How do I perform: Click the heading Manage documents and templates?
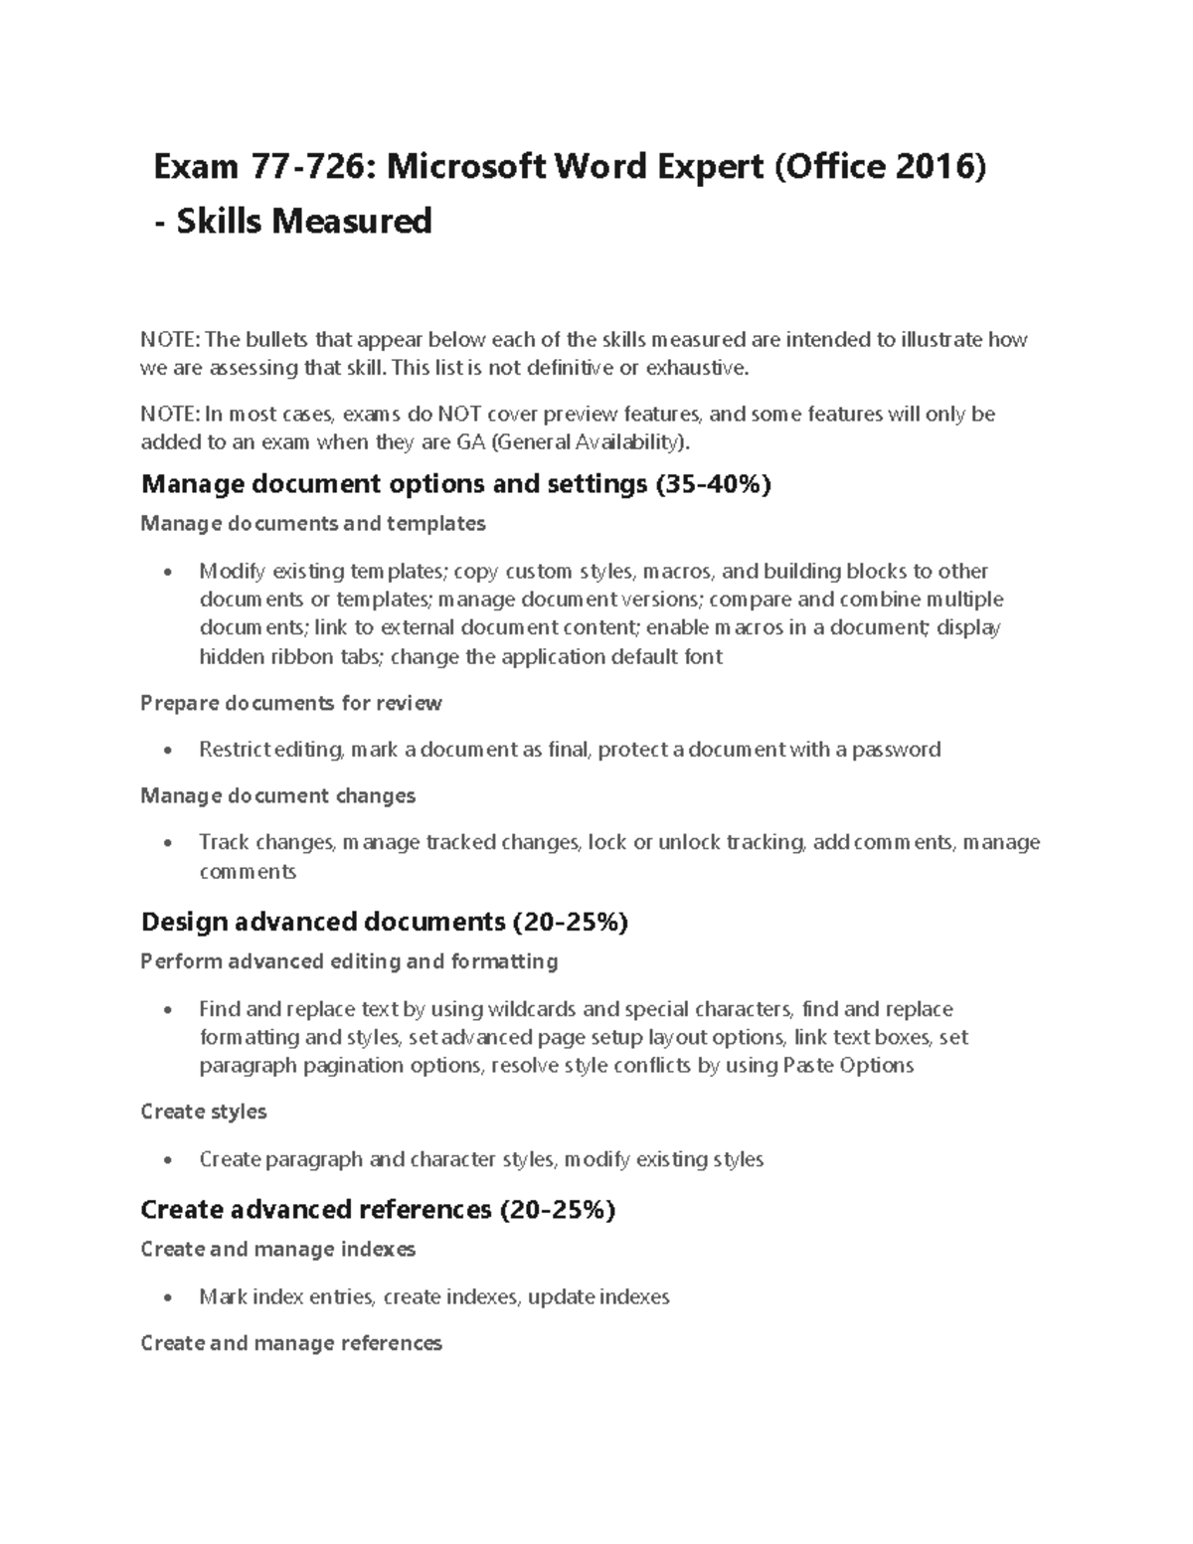click(313, 523)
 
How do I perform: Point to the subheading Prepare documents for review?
click(291, 703)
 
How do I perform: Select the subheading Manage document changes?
click(278, 795)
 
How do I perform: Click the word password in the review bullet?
click(896, 749)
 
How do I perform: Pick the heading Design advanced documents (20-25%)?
click(385, 922)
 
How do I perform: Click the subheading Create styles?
click(204, 1112)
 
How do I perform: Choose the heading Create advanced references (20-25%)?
click(378, 1209)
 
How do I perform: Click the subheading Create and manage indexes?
click(278, 1249)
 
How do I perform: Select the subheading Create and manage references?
click(291, 1343)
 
